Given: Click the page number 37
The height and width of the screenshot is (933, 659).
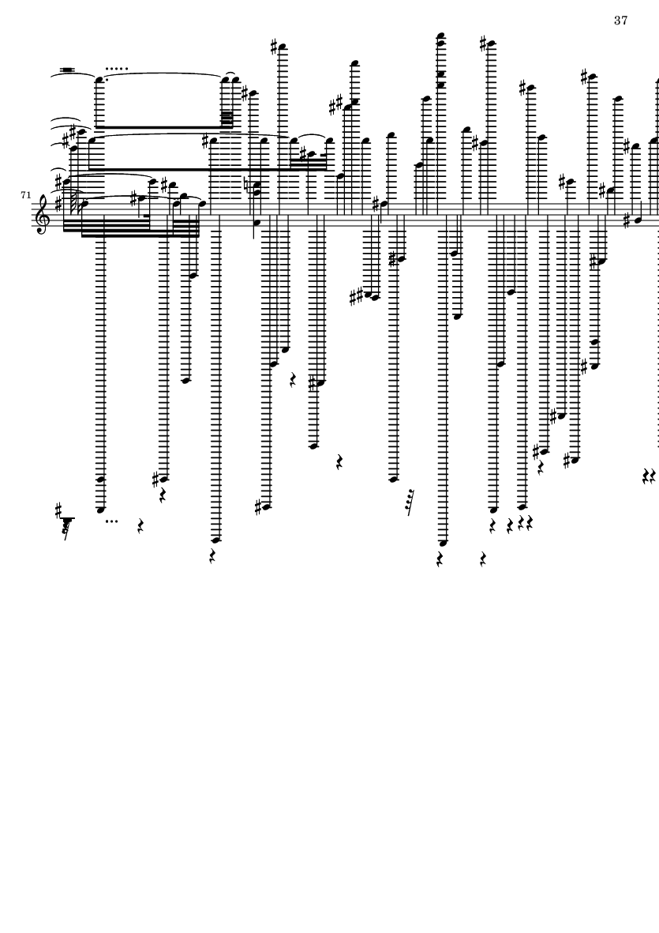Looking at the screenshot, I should (x=620, y=21).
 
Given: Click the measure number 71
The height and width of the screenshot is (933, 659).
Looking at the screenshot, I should (x=26, y=194).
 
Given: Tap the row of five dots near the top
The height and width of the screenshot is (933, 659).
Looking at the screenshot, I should (x=117, y=69).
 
